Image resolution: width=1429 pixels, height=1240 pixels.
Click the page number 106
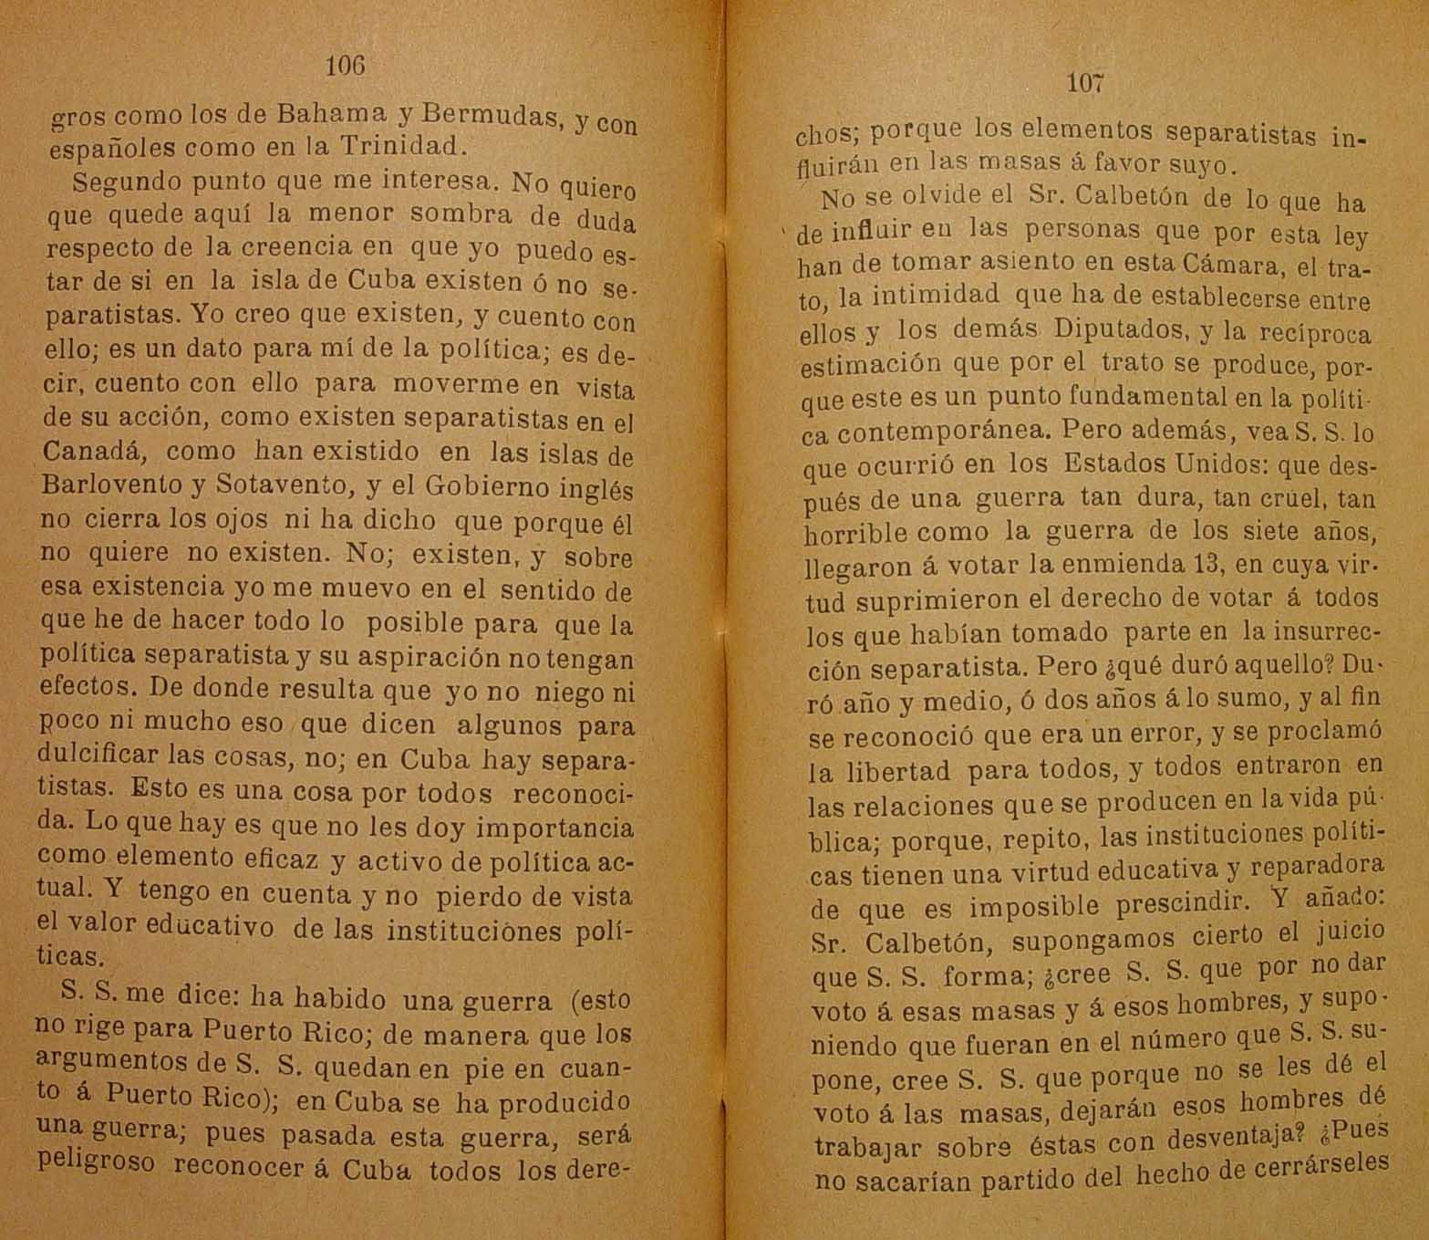(345, 66)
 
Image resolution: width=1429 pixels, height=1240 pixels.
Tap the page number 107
(1085, 83)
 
